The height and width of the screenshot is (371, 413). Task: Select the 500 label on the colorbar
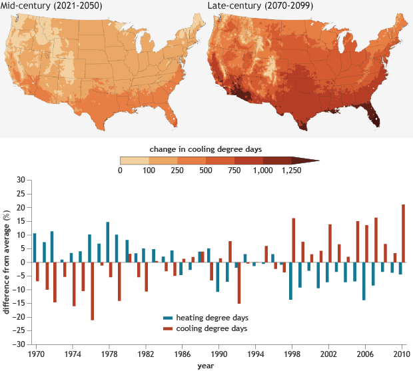[207, 171]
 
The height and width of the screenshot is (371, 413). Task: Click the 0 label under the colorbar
[121, 171]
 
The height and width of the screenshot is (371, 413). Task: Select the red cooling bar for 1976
[93, 291]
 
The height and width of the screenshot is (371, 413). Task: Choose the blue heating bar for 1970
[35, 247]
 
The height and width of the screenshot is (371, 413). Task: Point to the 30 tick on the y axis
[21, 180]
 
